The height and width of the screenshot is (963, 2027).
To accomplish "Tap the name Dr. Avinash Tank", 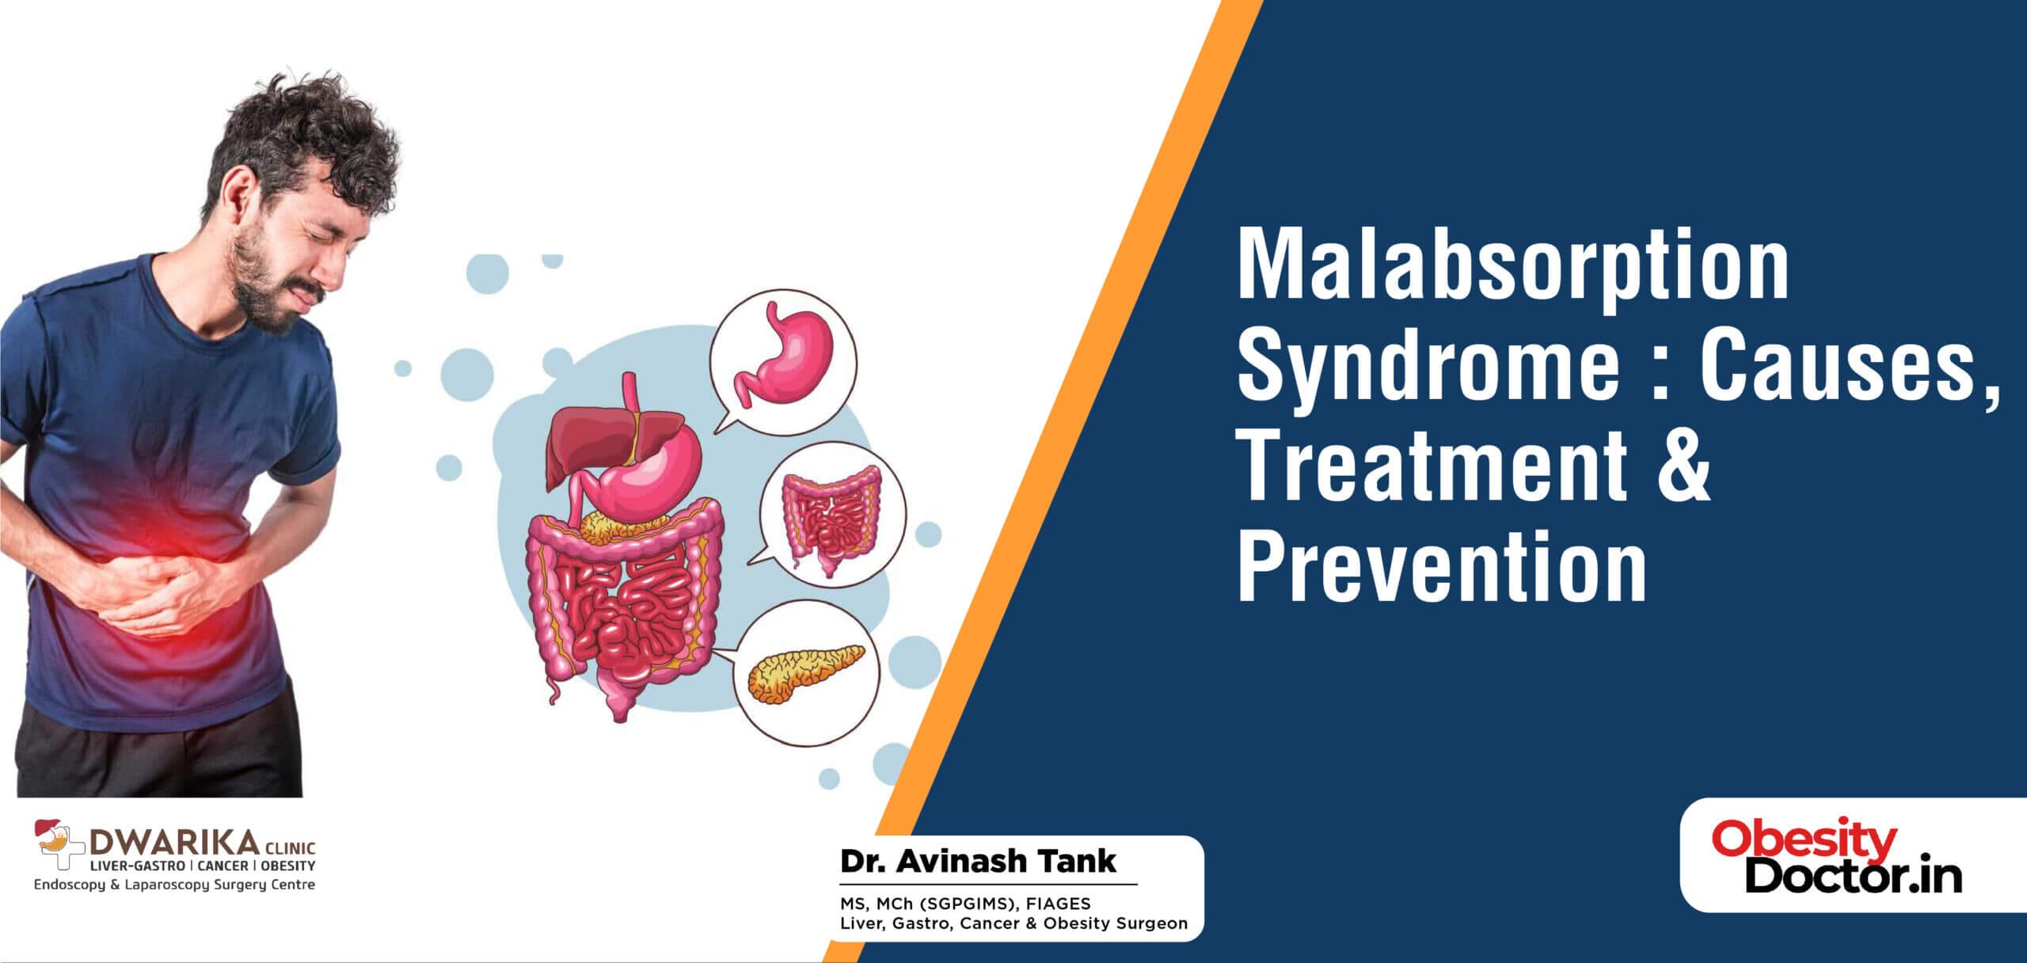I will pyautogui.click(x=978, y=861).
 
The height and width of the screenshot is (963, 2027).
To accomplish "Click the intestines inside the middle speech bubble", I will pyautogui.click(x=831, y=519).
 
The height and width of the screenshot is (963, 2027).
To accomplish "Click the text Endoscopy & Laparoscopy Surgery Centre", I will pyautogui.click(x=174, y=885).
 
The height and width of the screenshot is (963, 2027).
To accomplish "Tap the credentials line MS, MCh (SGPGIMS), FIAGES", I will pyautogui.click(x=965, y=904).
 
